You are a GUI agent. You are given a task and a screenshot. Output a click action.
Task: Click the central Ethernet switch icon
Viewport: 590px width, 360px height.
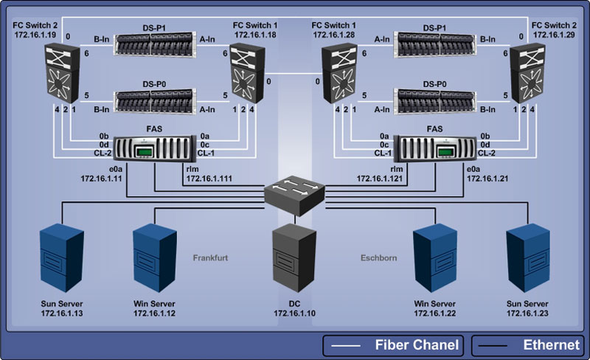coord(295,193)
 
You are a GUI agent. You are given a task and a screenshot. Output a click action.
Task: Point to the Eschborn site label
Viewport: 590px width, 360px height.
coord(379,258)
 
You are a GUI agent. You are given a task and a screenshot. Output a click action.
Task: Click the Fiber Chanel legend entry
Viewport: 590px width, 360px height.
coord(393,345)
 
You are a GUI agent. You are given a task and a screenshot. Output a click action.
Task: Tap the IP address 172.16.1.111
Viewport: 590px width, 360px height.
coord(208,179)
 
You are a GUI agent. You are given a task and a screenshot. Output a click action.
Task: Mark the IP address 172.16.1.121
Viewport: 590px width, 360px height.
coord(381,179)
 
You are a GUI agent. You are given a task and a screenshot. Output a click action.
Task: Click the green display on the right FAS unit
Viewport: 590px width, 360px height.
coord(445,152)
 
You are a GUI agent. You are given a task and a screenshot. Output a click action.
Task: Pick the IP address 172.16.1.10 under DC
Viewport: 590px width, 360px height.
coord(295,314)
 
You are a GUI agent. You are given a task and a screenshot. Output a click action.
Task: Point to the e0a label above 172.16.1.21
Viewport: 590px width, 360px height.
coord(474,169)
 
